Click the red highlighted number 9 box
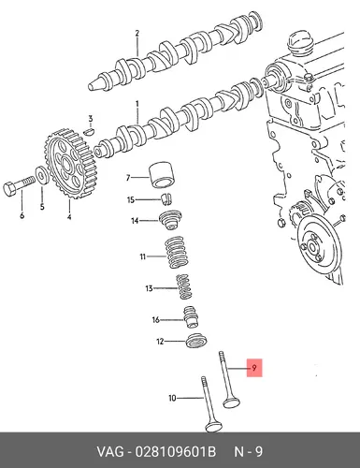point(254,368)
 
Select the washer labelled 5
point(41,176)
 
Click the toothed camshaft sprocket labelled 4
point(69,164)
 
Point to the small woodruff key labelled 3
point(90,131)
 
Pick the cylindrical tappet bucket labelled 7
point(162,175)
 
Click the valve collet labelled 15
point(167,199)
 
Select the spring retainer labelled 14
point(171,220)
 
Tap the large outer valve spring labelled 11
point(177,252)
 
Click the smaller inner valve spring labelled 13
point(184,286)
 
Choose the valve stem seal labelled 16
point(191,317)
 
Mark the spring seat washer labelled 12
point(196,342)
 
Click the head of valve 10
point(213,426)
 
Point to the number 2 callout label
point(137,33)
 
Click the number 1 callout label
point(137,104)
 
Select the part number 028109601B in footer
point(175,452)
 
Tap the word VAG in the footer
point(110,452)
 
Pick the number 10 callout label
point(172,398)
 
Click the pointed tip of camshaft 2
point(91,86)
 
